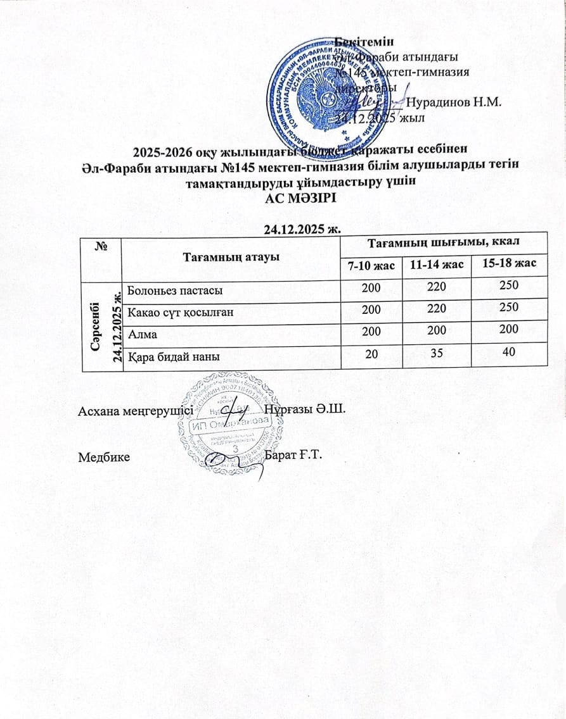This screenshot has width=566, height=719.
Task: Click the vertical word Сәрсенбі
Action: click(x=93, y=323)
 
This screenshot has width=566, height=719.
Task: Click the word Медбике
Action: click(x=104, y=456)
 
